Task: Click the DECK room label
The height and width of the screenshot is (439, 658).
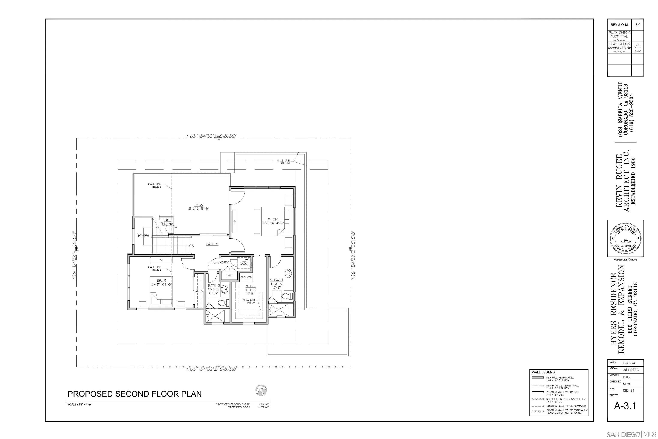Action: [198, 205]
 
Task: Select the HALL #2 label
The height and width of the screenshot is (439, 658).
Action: [212, 244]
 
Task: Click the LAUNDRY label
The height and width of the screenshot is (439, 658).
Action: [221, 262]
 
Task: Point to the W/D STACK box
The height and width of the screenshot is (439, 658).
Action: [244, 263]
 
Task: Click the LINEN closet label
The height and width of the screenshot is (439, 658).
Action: [229, 275]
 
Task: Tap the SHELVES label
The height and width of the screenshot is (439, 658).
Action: [246, 277]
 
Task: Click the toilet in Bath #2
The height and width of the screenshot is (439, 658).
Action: [222, 303]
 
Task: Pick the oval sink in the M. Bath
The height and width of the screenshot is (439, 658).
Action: [288, 273]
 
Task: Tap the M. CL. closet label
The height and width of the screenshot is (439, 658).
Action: [250, 286]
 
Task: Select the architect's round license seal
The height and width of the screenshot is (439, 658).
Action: [625, 238]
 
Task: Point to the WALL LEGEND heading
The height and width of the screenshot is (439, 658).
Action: [544, 372]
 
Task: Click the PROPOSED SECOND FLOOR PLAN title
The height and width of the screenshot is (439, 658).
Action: [135, 394]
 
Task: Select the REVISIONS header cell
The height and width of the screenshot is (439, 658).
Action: [619, 25]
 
